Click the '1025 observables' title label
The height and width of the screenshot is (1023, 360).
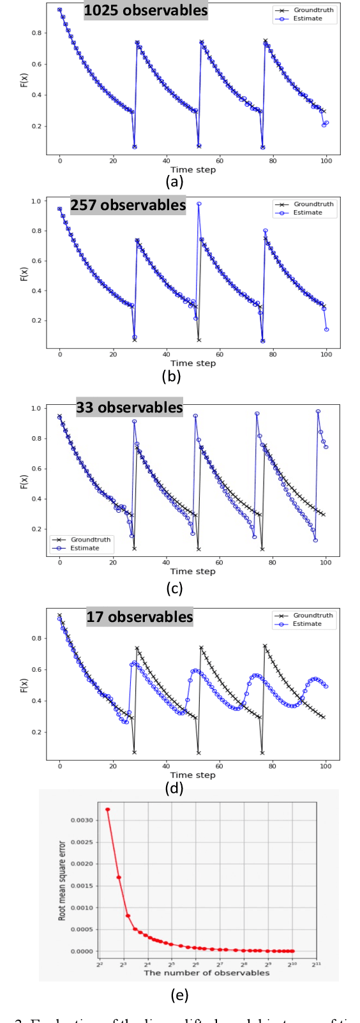point(146,11)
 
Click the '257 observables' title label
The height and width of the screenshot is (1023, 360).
point(128,205)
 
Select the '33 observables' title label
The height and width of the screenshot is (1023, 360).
point(129,407)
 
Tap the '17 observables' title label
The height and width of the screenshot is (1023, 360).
point(139,617)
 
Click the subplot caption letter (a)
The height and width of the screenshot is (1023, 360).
point(174,182)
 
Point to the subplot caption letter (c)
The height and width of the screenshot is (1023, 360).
point(174,588)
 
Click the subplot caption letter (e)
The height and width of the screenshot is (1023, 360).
point(180,995)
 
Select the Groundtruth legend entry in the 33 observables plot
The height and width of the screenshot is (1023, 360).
point(90,540)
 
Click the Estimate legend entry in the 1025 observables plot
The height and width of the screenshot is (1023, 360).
point(307,19)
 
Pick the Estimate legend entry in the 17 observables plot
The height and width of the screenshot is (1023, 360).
point(306,624)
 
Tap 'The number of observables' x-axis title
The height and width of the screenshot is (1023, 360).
point(206,973)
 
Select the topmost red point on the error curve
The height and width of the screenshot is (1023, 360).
point(107,810)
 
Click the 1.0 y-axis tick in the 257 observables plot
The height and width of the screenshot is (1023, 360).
point(36,201)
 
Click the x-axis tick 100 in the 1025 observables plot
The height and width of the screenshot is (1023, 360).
point(326,161)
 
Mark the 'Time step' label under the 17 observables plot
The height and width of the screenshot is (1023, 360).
point(193,775)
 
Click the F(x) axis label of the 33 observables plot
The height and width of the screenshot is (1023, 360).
point(24,481)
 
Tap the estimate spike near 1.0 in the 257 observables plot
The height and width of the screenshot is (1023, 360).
point(199,204)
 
